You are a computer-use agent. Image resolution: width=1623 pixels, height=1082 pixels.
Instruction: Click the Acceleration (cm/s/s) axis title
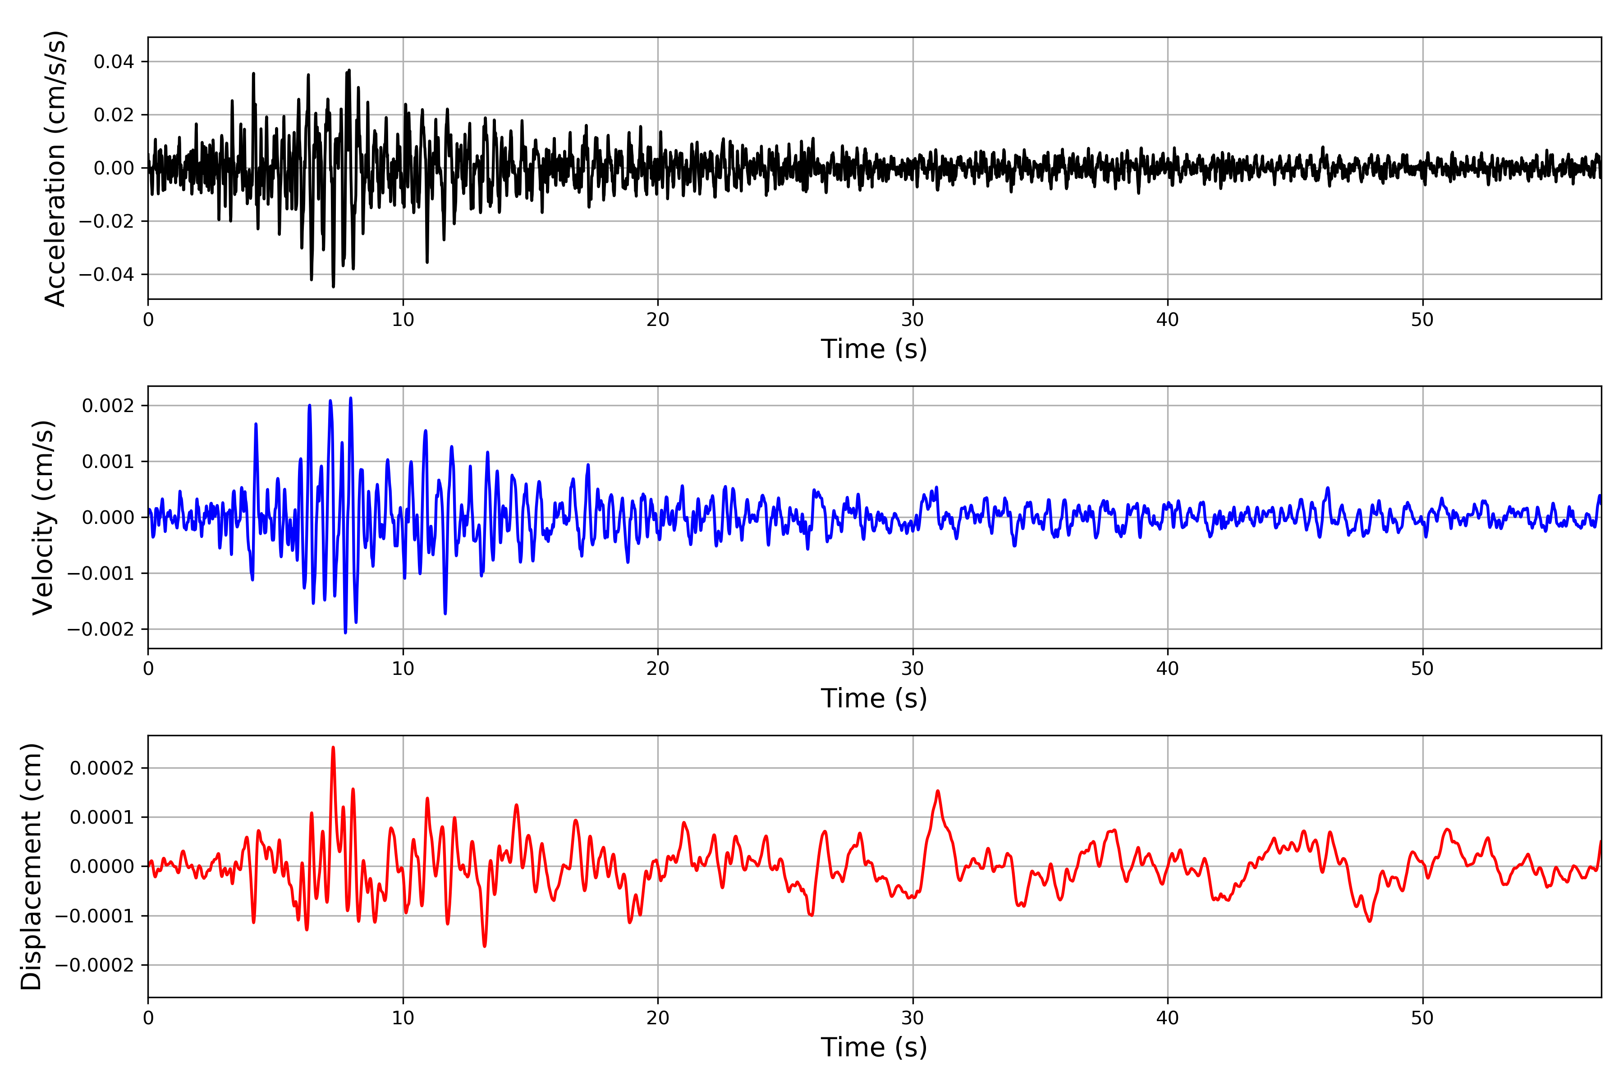[55, 168]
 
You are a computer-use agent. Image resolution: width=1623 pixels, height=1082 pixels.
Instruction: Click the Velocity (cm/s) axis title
[43, 518]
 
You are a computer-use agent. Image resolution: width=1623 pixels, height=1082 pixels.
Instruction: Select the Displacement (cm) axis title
[31, 867]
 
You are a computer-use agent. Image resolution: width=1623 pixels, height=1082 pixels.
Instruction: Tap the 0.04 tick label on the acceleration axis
[114, 62]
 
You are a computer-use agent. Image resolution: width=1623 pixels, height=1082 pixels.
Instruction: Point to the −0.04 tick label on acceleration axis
[106, 275]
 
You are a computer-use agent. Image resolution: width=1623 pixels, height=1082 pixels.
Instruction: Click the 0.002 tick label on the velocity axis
[108, 406]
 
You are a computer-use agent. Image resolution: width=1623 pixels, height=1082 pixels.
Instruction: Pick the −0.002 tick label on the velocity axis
[101, 629]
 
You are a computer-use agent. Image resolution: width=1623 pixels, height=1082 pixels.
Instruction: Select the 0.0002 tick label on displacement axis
[101, 768]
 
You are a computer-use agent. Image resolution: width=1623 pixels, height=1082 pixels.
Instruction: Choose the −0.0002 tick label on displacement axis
[95, 965]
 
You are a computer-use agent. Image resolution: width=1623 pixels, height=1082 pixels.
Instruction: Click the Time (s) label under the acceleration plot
[874, 349]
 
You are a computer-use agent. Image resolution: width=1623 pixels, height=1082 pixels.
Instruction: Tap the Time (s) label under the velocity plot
[874, 698]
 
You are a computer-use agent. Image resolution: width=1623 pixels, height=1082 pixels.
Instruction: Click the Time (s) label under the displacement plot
[874, 1047]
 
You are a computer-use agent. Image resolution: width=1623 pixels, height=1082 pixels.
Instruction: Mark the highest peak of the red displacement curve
[333, 747]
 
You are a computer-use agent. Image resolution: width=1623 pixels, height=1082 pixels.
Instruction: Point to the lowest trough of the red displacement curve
[484, 946]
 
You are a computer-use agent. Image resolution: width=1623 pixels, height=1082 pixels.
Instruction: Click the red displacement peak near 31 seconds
[937, 792]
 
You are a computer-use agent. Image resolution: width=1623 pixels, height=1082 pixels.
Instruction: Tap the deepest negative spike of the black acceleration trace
[333, 286]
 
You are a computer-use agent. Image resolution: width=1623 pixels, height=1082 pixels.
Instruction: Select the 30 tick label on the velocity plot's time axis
[912, 669]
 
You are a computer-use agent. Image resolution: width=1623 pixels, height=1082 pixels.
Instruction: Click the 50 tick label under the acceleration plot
[1422, 320]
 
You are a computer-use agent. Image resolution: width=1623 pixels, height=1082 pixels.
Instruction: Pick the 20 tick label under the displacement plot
[658, 1018]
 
